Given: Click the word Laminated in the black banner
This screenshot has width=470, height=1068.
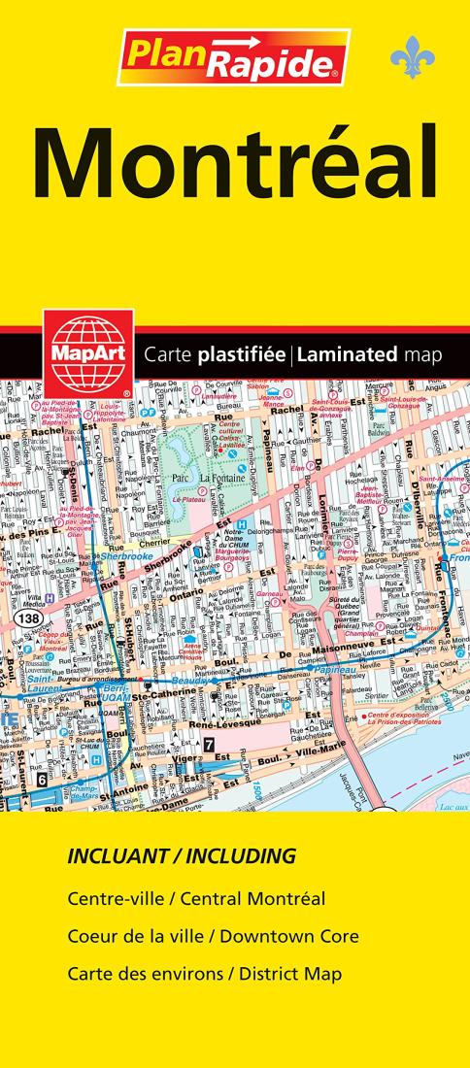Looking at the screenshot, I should pos(347,354).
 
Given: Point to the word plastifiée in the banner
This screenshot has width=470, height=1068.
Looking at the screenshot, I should pos(239,354).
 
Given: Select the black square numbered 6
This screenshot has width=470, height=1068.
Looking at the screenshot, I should pos(42,777).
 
